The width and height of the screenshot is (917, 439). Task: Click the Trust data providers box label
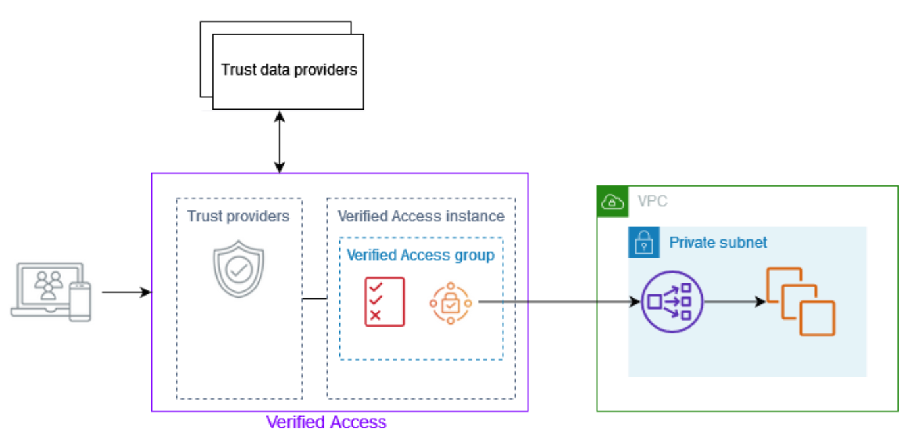coord(289,70)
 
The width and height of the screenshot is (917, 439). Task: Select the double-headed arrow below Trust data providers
coord(280,141)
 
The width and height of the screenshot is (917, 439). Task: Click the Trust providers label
coord(238,216)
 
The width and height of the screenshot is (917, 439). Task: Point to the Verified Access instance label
coord(421,216)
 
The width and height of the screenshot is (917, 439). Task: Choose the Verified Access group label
coord(420,255)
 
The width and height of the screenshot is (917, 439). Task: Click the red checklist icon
coord(385,302)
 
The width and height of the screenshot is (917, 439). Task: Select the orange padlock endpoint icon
coord(451,302)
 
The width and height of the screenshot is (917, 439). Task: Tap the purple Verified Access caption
coord(326,422)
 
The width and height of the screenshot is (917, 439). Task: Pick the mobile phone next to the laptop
coord(80,302)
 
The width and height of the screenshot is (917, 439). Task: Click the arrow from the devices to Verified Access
coord(126,292)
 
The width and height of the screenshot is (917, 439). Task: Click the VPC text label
coord(652,202)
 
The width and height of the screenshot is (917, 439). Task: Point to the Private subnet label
coord(718,243)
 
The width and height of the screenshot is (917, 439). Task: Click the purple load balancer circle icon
coord(672,302)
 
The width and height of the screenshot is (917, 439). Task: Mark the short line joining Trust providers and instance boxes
coord(314,298)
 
